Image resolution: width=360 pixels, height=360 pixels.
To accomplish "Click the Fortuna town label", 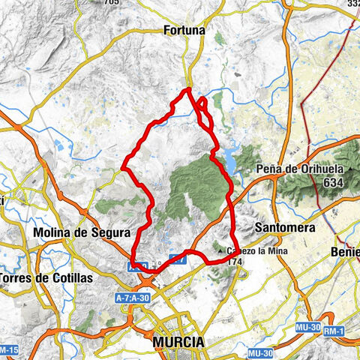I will tap(184, 31).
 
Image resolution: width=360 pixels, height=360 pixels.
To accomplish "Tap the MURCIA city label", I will tap(178, 342).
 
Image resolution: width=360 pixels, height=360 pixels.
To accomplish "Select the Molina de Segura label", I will tap(82, 232).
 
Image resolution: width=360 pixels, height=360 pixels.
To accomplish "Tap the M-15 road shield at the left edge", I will tap(7, 350).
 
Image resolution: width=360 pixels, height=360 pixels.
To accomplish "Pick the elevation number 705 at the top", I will tap(112, 3).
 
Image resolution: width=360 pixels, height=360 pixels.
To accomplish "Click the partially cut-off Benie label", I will tap(346, 253).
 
